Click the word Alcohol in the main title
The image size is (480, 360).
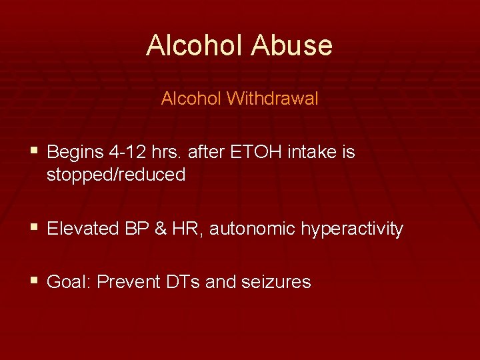tap(194, 45)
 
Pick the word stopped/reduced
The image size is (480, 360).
tap(116, 175)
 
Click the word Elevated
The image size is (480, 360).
tap(85, 229)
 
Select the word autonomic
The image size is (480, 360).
tap(252, 229)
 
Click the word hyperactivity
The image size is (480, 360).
tap(351, 229)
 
